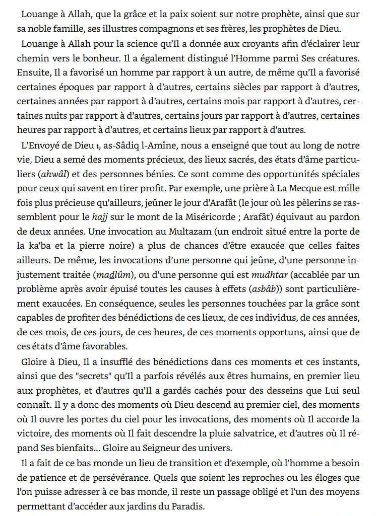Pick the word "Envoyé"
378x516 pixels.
(44, 147)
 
